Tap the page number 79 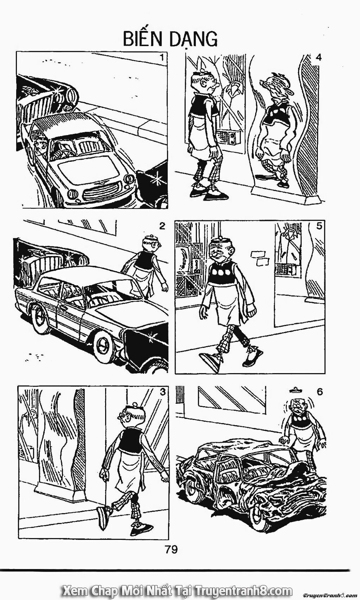tap(172, 550)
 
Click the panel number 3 tap(162, 392)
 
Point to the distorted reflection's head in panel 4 tap(278, 84)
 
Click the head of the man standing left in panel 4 tap(206, 83)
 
